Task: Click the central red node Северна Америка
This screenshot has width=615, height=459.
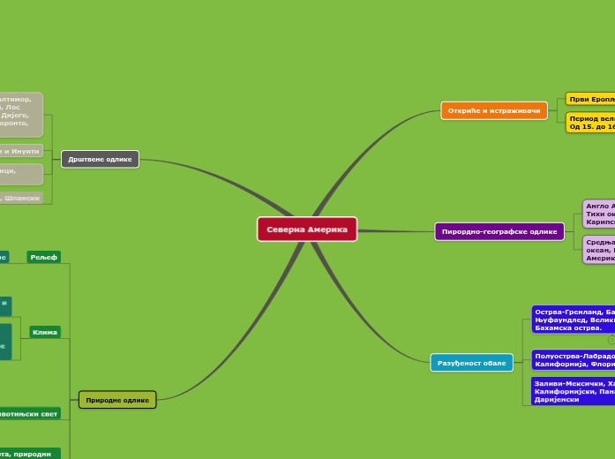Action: point(307,229)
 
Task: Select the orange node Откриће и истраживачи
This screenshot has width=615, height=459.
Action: point(493,110)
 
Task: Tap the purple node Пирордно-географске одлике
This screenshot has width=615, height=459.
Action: point(499,231)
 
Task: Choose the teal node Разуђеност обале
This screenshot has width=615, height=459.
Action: point(471,363)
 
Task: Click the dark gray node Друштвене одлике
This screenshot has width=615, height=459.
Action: point(100,159)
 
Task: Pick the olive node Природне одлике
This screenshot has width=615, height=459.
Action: point(117,400)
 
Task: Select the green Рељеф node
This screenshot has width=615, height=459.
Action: point(43,257)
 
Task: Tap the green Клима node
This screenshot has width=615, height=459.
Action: point(44,333)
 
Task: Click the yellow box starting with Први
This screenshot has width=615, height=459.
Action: point(589,98)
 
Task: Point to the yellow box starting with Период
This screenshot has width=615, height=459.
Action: point(589,122)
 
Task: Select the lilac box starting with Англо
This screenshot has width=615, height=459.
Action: point(598,214)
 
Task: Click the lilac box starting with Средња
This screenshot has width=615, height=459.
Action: point(598,250)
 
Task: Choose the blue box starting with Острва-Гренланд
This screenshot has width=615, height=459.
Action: point(573,320)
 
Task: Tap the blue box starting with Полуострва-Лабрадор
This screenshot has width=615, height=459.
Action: point(573,359)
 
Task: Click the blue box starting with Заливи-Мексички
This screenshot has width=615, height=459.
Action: point(573,391)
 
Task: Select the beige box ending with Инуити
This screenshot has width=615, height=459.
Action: point(21,151)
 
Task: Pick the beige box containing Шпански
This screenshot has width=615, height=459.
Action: point(21,199)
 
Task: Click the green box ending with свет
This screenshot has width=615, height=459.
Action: point(29,413)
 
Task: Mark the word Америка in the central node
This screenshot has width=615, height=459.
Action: point(327,229)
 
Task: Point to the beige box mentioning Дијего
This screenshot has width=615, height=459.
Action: point(20,115)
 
